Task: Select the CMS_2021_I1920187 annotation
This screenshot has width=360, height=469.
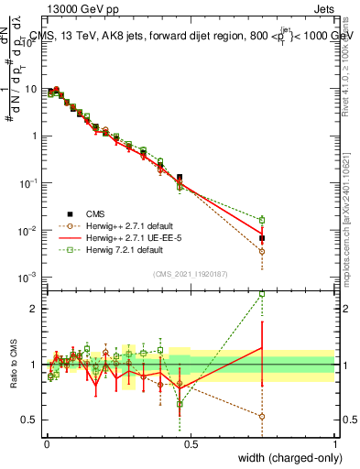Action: [x=191, y=273]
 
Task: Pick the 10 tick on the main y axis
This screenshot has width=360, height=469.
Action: [x=33, y=90]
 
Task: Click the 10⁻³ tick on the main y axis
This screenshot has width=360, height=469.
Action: [x=30, y=277]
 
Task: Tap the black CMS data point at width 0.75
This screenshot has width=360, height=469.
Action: [x=262, y=238]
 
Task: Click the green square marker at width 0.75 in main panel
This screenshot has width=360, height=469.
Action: [x=262, y=220]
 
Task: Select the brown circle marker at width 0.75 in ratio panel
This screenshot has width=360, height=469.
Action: [x=262, y=416]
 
